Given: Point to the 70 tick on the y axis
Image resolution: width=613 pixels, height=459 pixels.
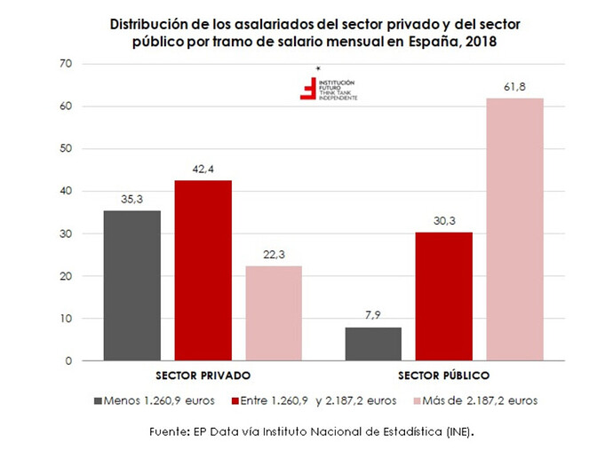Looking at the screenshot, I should point(65,64).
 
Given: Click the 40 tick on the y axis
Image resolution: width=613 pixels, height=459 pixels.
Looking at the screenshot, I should point(65,191).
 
